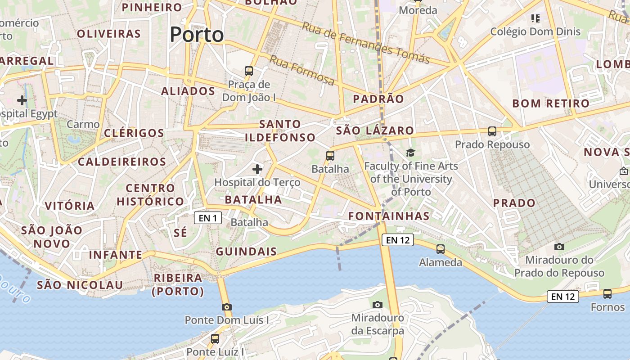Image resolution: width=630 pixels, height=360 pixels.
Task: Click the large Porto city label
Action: coord(197,35)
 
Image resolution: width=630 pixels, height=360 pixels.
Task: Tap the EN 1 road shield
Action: coord(208,218)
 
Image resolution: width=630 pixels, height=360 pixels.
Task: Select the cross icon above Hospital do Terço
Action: coord(257,169)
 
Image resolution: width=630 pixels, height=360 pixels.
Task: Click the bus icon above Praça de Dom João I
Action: coord(248,71)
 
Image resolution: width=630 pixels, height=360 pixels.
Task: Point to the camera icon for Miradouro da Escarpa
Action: coord(378,305)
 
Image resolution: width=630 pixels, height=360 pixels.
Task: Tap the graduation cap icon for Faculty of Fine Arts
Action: coord(410,153)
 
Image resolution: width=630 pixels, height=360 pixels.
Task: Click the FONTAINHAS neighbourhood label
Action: coord(389,216)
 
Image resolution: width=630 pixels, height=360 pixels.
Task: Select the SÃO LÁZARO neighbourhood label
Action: coord(375,130)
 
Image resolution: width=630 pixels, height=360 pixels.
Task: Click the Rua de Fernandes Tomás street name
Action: coord(365,43)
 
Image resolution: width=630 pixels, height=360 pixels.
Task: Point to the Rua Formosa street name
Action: coord(302,70)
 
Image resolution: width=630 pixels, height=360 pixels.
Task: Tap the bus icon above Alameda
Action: coord(441,249)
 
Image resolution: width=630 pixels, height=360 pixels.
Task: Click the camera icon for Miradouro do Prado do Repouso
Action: coord(559,247)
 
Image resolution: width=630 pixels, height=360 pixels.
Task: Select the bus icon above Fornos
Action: coord(607,294)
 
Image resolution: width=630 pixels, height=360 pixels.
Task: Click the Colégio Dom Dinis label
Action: coord(535,31)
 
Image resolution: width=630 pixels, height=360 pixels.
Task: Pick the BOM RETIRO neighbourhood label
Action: coord(551,103)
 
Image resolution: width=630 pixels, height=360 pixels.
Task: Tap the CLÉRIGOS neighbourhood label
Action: coord(134,133)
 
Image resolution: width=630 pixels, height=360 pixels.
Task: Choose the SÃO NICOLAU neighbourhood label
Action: coord(80,285)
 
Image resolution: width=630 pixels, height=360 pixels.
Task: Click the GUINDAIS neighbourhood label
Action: coord(246,252)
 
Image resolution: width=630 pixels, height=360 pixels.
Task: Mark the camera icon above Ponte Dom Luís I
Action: coord(227,307)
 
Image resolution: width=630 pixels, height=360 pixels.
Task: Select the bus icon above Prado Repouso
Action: coord(492,131)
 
